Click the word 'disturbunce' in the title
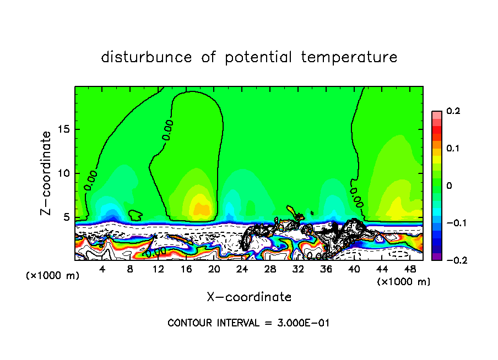pos(147,57)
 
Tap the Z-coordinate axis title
pos(46,173)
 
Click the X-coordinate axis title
pos(249,297)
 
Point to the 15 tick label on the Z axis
pos(64,129)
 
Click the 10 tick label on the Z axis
pos(64,173)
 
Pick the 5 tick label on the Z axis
pos(67,217)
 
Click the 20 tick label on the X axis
pos(214,269)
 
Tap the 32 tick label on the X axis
pos(298,269)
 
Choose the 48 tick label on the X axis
pos(410,269)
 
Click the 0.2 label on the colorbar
pos(453,111)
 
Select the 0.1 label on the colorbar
pos(453,148)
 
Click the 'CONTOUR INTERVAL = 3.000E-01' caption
pos(248,323)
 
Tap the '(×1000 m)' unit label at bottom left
pos(53,276)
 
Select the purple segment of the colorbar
pos(436,256)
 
